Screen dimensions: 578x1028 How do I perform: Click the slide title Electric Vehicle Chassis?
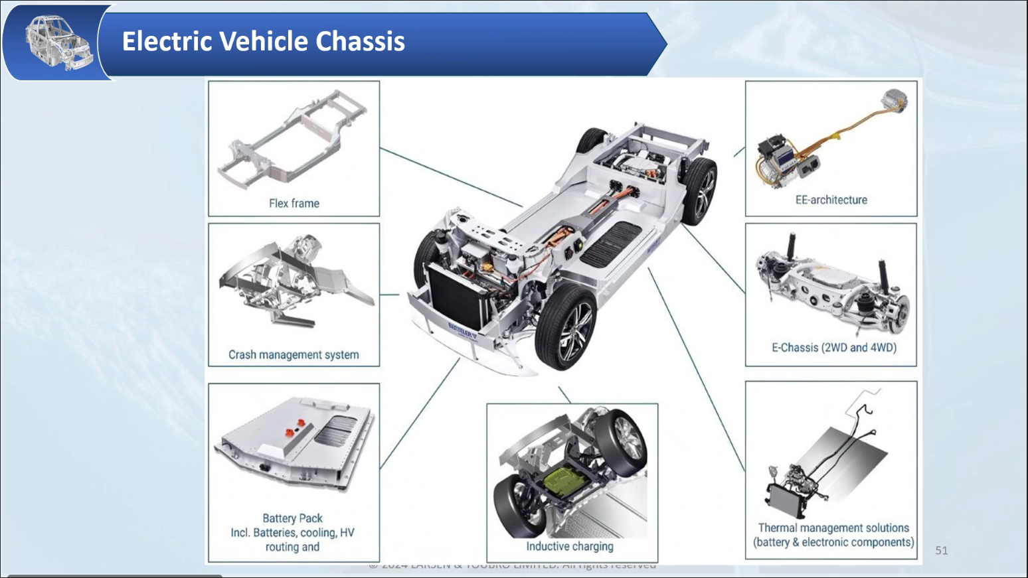263,41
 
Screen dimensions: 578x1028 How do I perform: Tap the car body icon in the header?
58,43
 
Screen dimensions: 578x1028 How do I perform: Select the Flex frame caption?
294,203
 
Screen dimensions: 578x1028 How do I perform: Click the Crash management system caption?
294,354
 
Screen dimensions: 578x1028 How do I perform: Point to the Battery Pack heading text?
292,518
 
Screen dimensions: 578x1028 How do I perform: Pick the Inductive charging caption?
570,546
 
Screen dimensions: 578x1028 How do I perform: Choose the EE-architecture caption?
831,200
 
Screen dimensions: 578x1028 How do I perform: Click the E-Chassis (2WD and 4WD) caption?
833,347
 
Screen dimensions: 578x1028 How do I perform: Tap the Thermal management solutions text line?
833,528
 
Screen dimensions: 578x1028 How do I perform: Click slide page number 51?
941,550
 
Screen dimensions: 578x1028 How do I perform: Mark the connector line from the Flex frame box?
452,177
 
